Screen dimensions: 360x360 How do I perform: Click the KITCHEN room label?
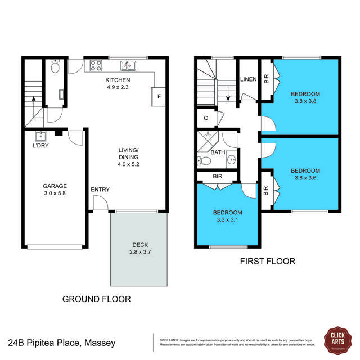(x=118, y=80)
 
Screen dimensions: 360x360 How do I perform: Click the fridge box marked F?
(x=159, y=96)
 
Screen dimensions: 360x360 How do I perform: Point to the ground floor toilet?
(x=56, y=67)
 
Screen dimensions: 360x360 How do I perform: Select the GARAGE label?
(x=55, y=186)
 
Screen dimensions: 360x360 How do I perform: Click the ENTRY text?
(x=100, y=190)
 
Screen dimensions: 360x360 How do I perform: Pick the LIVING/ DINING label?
(x=128, y=154)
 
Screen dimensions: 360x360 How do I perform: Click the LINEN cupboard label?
(x=249, y=80)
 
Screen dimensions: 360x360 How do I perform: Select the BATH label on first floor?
(x=218, y=152)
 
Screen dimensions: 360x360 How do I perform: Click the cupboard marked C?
(x=206, y=118)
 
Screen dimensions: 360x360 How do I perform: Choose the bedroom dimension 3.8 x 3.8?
(x=305, y=102)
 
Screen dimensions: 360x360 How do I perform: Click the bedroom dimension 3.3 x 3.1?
(x=227, y=220)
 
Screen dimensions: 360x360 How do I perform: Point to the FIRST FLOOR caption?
(x=267, y=262)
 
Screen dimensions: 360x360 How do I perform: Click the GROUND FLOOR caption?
(x=96, y=299)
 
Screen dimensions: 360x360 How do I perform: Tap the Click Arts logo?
(x=337, y=339)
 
